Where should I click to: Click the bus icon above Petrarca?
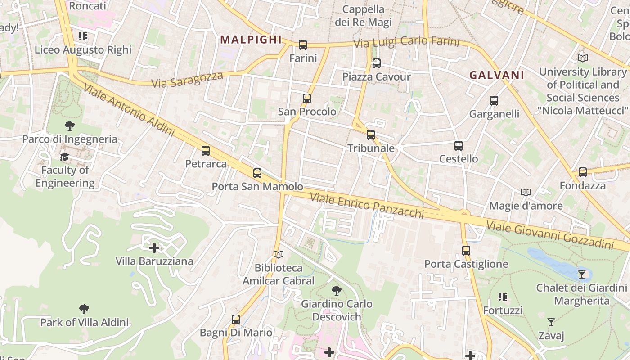pos(206,151)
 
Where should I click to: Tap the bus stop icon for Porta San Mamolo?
pos(257,173)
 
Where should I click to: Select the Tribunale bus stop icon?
pos(371,135)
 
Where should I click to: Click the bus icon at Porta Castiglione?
pos(466,251)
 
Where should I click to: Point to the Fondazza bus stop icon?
pos(583,172)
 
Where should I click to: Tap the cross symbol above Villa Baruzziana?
pos(154,248)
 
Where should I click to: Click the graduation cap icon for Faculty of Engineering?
pos(65,157)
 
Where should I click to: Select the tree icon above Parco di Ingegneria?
pos(70,126)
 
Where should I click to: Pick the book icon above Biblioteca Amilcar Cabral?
pos(279,255)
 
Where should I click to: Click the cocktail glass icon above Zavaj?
pos(551,322)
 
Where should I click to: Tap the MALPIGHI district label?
pos(251,40)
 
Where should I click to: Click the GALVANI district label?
pos(497,75)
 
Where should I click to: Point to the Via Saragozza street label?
pos(187,80)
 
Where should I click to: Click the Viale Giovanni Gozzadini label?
pos(550,235)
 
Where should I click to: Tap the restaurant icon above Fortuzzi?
pos(503,297)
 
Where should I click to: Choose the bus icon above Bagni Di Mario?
pos(236,320)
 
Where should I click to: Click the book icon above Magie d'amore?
pos(526,193)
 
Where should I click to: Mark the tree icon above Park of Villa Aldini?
pos(84,309)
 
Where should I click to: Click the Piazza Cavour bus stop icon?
pos(377,63)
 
